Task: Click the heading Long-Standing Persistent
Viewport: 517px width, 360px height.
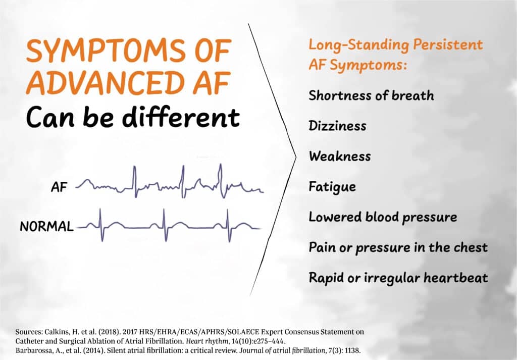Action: coord(395,44)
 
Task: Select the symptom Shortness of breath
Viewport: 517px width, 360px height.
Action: coord(371,95)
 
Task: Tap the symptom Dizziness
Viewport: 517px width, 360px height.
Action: coord(337,125)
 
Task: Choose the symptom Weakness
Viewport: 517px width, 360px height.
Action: coord(339,156)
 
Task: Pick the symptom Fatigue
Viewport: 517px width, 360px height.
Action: coord(332,187)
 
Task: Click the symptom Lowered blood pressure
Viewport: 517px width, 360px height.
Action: coord(383,217)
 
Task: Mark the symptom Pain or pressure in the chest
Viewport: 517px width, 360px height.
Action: coord(398,247)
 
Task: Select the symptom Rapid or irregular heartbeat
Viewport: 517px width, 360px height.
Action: coord(398,278)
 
